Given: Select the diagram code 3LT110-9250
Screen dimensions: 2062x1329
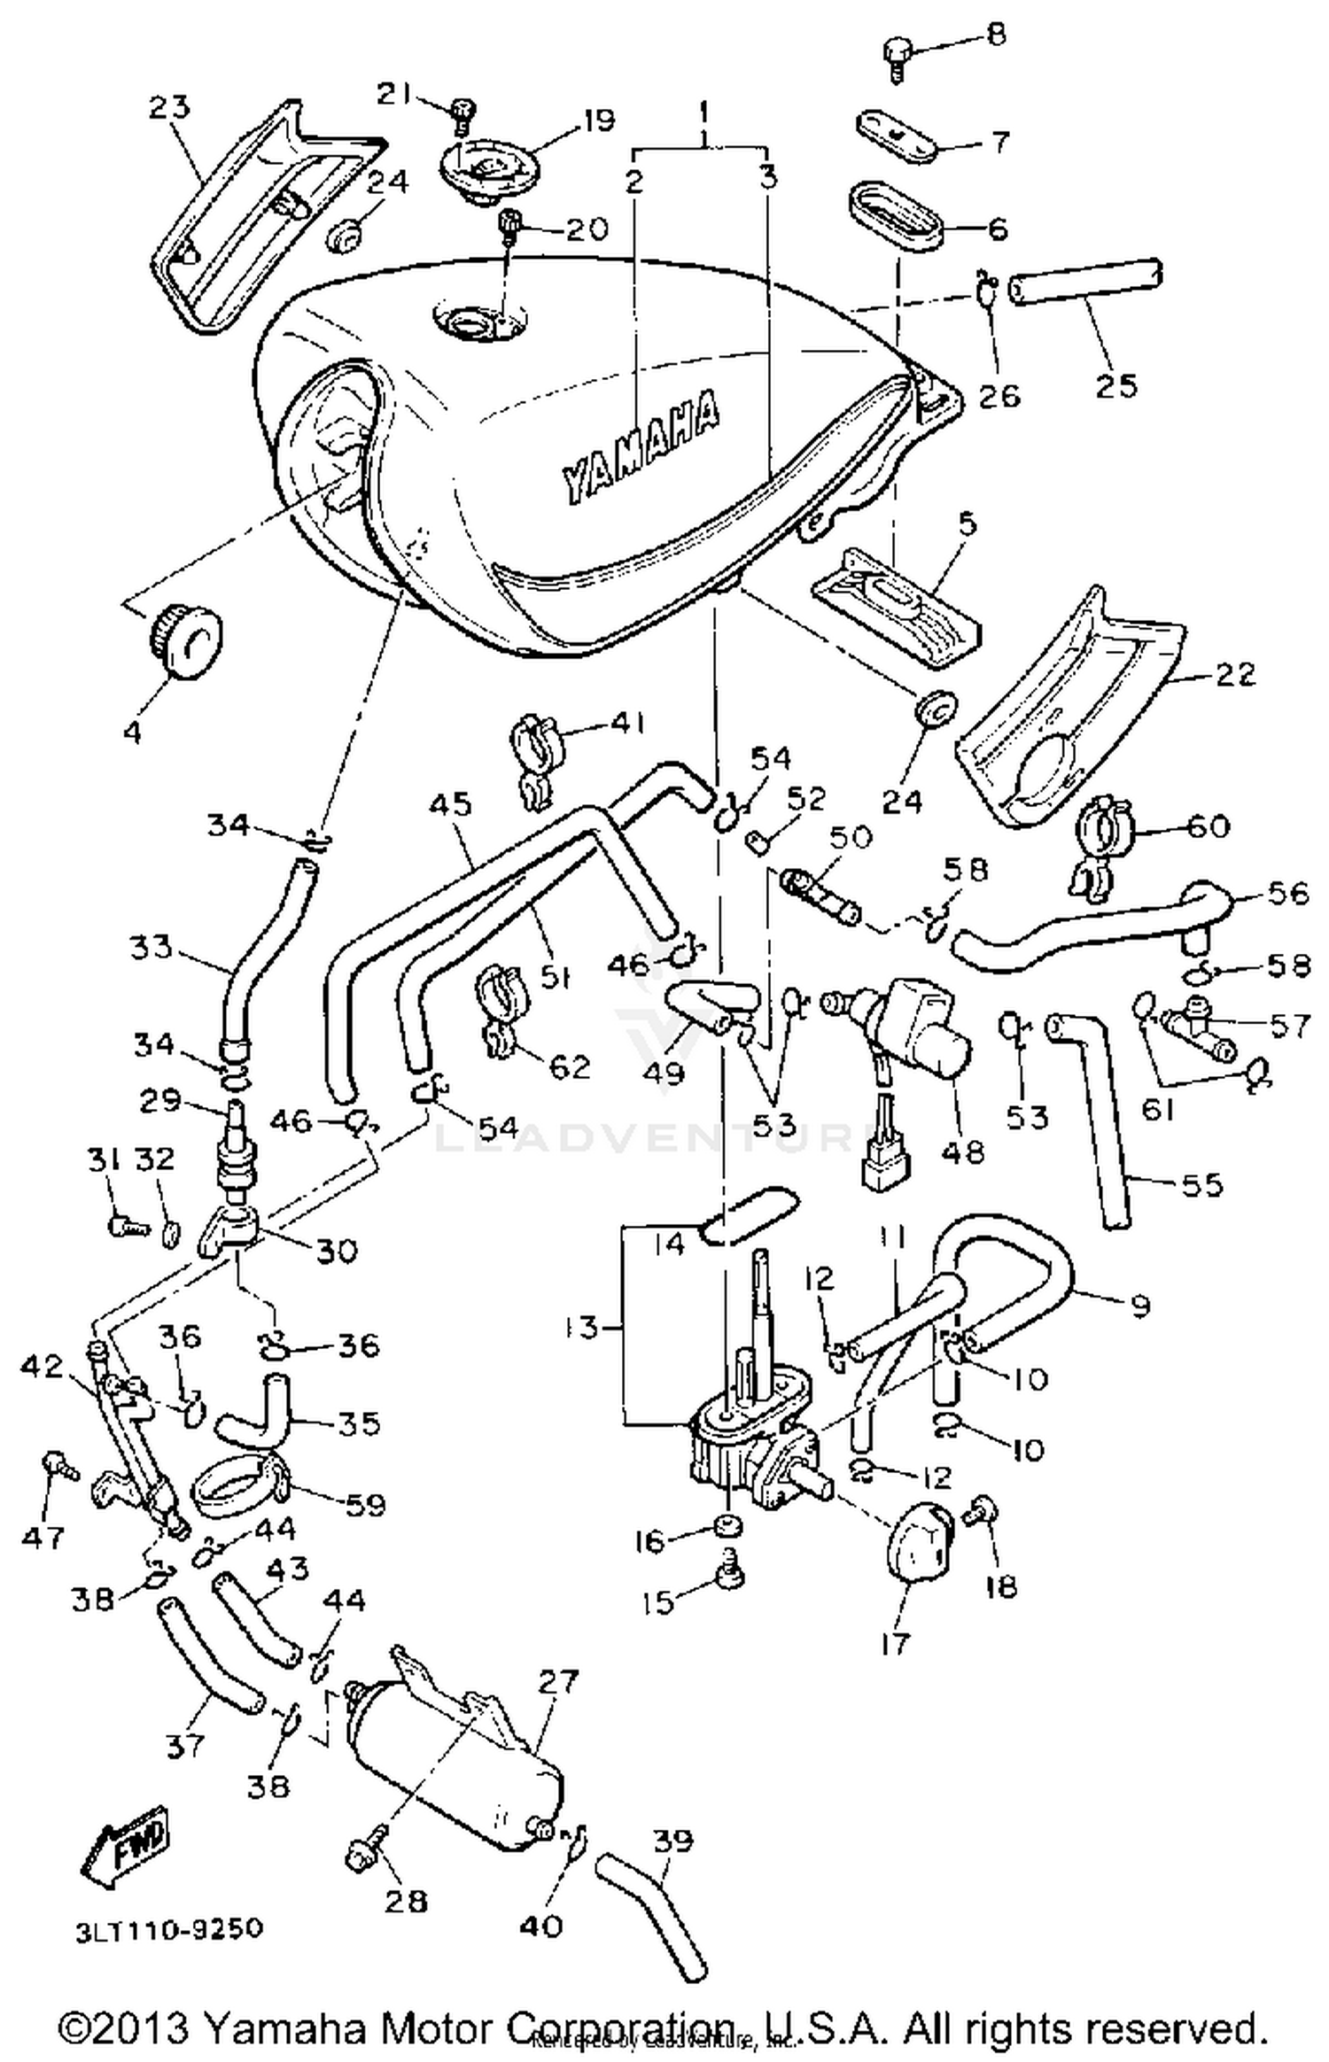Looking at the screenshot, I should click(x=168, y=1928).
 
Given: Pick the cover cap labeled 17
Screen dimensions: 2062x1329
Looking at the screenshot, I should click(x=919, y=1539).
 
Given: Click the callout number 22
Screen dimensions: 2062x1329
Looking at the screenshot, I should click(x=1235, y=674).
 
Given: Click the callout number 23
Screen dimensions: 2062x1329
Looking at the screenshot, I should click(x=170, y=107).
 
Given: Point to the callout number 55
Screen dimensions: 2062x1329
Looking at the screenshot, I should click(x=1202, y=1184).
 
